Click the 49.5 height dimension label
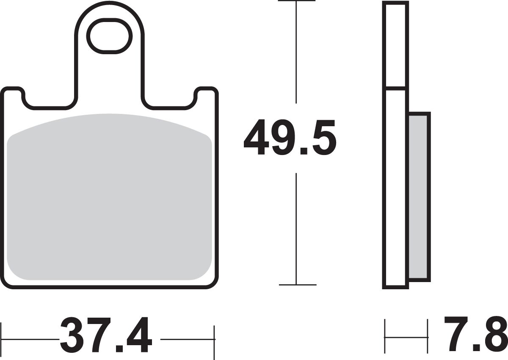[290, 138]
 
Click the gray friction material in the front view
[109, 197]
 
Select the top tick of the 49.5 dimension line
[296, 1]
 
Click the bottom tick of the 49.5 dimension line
[298, 285]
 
